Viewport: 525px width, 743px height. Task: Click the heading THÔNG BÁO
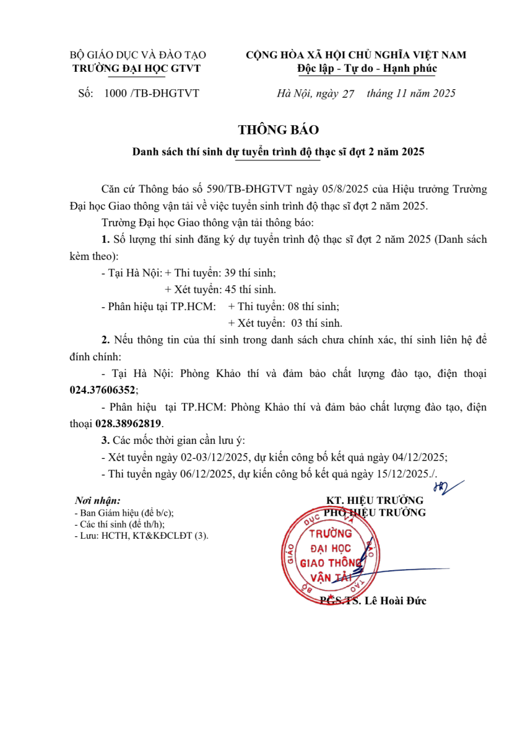pyautogui.click(x=278, y=130)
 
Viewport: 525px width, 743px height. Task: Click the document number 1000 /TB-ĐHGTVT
pyautogui.click(x=152, y=93)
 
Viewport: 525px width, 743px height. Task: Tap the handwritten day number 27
pyautogui.click(x=347, y=94)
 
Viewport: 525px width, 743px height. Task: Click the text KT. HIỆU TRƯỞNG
pyautogui.click(x=375, y=500)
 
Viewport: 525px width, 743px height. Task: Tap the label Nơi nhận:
pyautogui.click(x=97, y=500)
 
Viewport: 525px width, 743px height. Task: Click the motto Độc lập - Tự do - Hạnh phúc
pyautogui.click(x=367, y=68)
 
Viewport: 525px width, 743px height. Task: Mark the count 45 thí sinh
pyautogui.click(x=250, y=289)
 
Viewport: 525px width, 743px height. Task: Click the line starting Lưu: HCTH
pyautogui.click(x=142, y=536)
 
